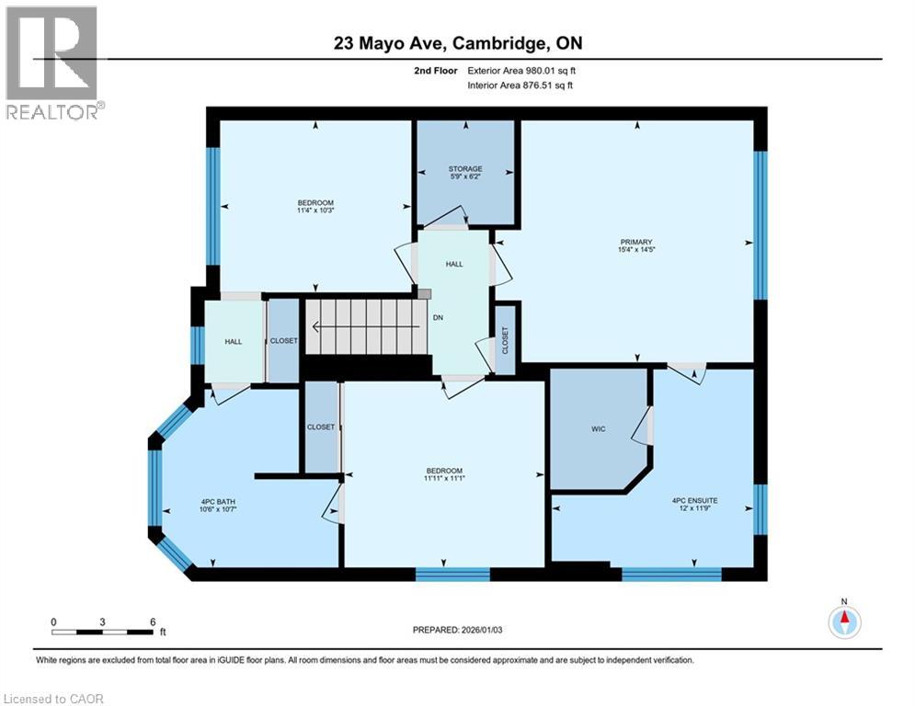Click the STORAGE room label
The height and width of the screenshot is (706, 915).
click(x=465, y=168)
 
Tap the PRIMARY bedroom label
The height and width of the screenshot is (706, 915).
click(x=635, y=242)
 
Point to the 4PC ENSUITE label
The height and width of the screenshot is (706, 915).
click(x=694, y=500)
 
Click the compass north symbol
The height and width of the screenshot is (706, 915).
click(x=844, y=621)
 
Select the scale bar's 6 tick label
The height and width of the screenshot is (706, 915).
click(x=152, y=621)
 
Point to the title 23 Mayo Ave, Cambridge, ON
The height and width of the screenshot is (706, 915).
click(x=457, y=43)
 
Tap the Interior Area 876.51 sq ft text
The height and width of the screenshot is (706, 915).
click(x=521, y=85)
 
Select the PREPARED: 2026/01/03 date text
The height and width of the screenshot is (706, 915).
click(x=458, y=630)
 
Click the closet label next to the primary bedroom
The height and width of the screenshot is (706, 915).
click(x=505, y=340)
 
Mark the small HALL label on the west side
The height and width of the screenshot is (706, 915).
click(x=234, y=341)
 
